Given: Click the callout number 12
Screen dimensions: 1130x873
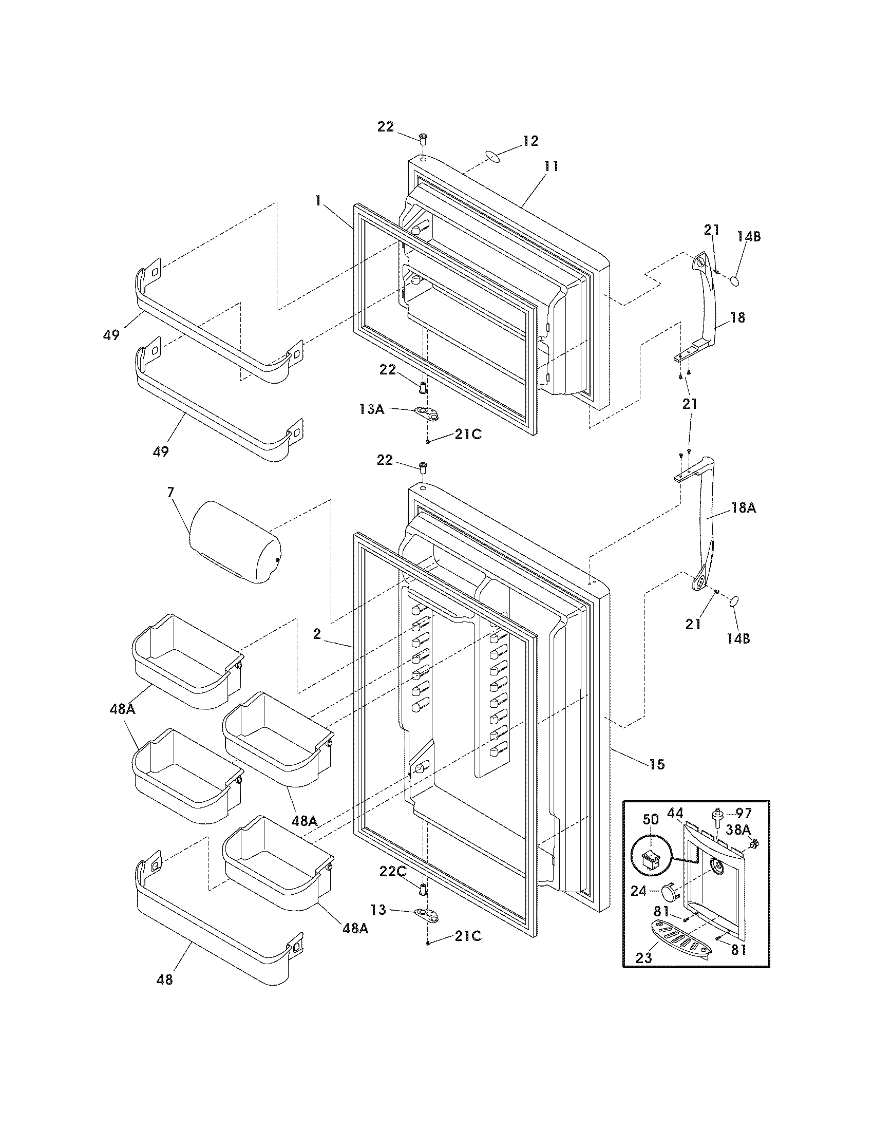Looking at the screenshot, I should pyautogui.click(x=530, y=141).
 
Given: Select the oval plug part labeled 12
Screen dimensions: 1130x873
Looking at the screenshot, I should pyautogui.click(x=493, y=156).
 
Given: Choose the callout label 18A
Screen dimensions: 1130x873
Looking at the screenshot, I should pyautogui.click(x=743, y=508).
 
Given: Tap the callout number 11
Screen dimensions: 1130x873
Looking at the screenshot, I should pyautogui.click(x=551, y=166).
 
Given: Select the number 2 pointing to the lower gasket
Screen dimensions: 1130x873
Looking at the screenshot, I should pyautogui.click(x=317, y=634).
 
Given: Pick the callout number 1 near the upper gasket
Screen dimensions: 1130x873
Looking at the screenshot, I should pyautogui.click(x=318, y=200).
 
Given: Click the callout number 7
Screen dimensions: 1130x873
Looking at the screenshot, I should pyautogui.click(x=170, y=492).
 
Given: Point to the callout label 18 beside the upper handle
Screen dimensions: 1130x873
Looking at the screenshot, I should pyautogui.click(x=737, y=317).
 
